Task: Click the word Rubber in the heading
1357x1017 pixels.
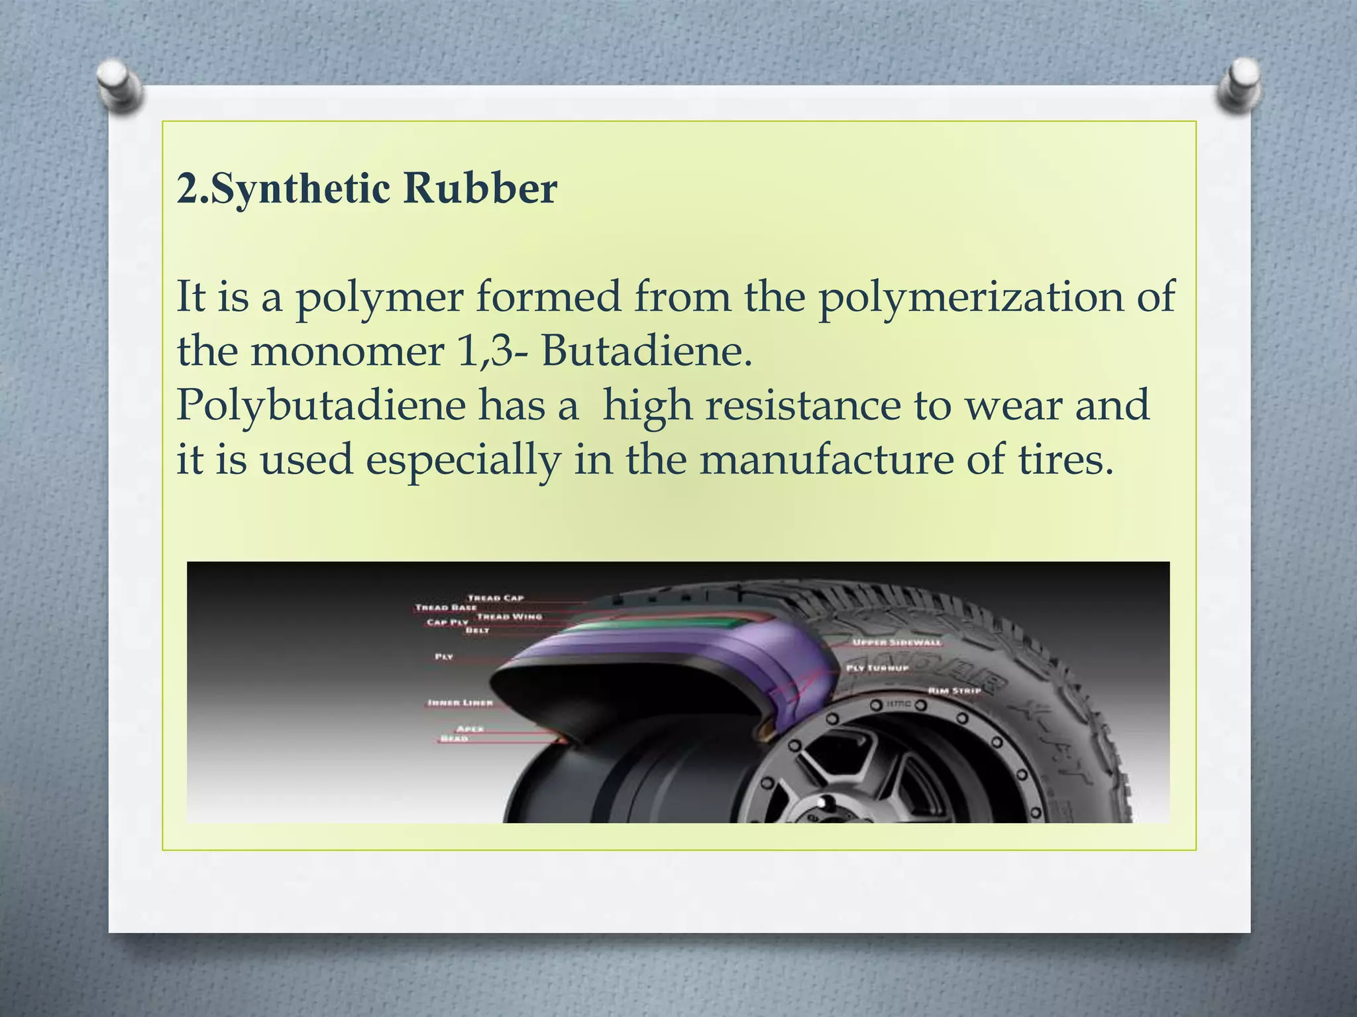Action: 480,189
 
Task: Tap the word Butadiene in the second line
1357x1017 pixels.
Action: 647,352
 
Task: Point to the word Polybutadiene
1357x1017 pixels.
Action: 321,405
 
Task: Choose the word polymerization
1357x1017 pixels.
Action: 971,297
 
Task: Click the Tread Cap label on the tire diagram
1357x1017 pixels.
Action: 496,598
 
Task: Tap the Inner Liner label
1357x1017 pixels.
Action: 461,702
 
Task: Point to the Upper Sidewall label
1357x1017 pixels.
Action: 896,643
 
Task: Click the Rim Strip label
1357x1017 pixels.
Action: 954,691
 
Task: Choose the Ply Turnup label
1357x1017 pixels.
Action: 877,668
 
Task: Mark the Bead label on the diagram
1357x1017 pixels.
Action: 455,738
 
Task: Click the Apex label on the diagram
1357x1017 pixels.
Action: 470,728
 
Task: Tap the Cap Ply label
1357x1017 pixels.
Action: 447,622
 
